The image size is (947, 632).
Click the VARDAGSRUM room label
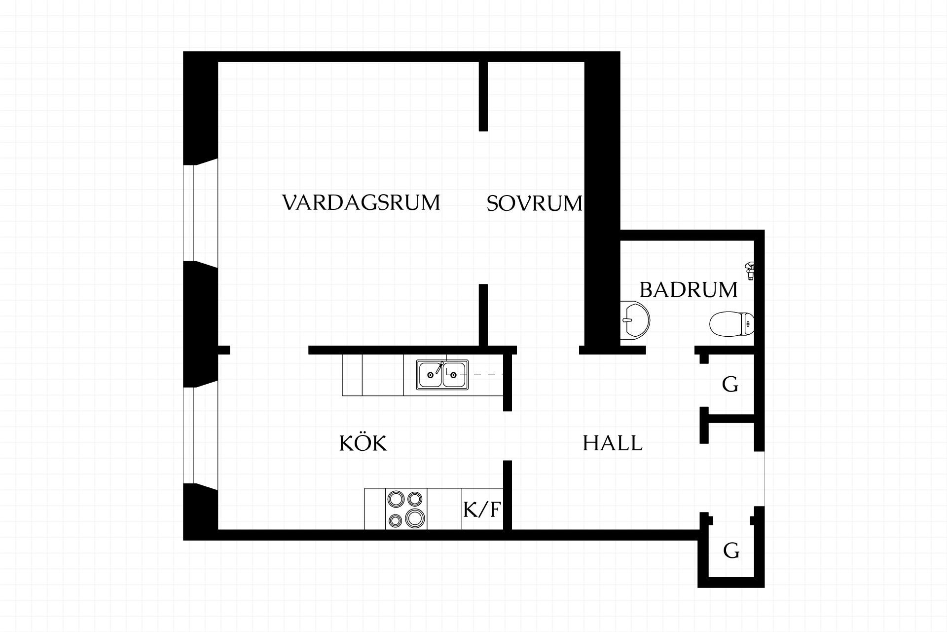[x=361, y=203]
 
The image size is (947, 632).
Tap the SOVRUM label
[x=535, y=203]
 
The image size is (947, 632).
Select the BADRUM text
[x=689, y=290]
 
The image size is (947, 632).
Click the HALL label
[x=613, y=443]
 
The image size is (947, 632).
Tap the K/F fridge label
[x=482, y=510]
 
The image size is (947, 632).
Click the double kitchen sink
[x=442, y=375]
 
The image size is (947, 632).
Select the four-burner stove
[x=406, y=509]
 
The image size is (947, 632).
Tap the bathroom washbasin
[x=635, y=320]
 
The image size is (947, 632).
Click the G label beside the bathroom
[x=730, y=384]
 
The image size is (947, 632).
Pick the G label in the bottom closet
[x=731, y=551]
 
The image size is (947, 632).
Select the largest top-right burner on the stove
[x=415, y=498]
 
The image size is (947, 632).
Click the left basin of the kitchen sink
[x=430, y=375]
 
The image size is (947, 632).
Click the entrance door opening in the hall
[x=760, y=479]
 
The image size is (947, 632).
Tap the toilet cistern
[x=748, y=324]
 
